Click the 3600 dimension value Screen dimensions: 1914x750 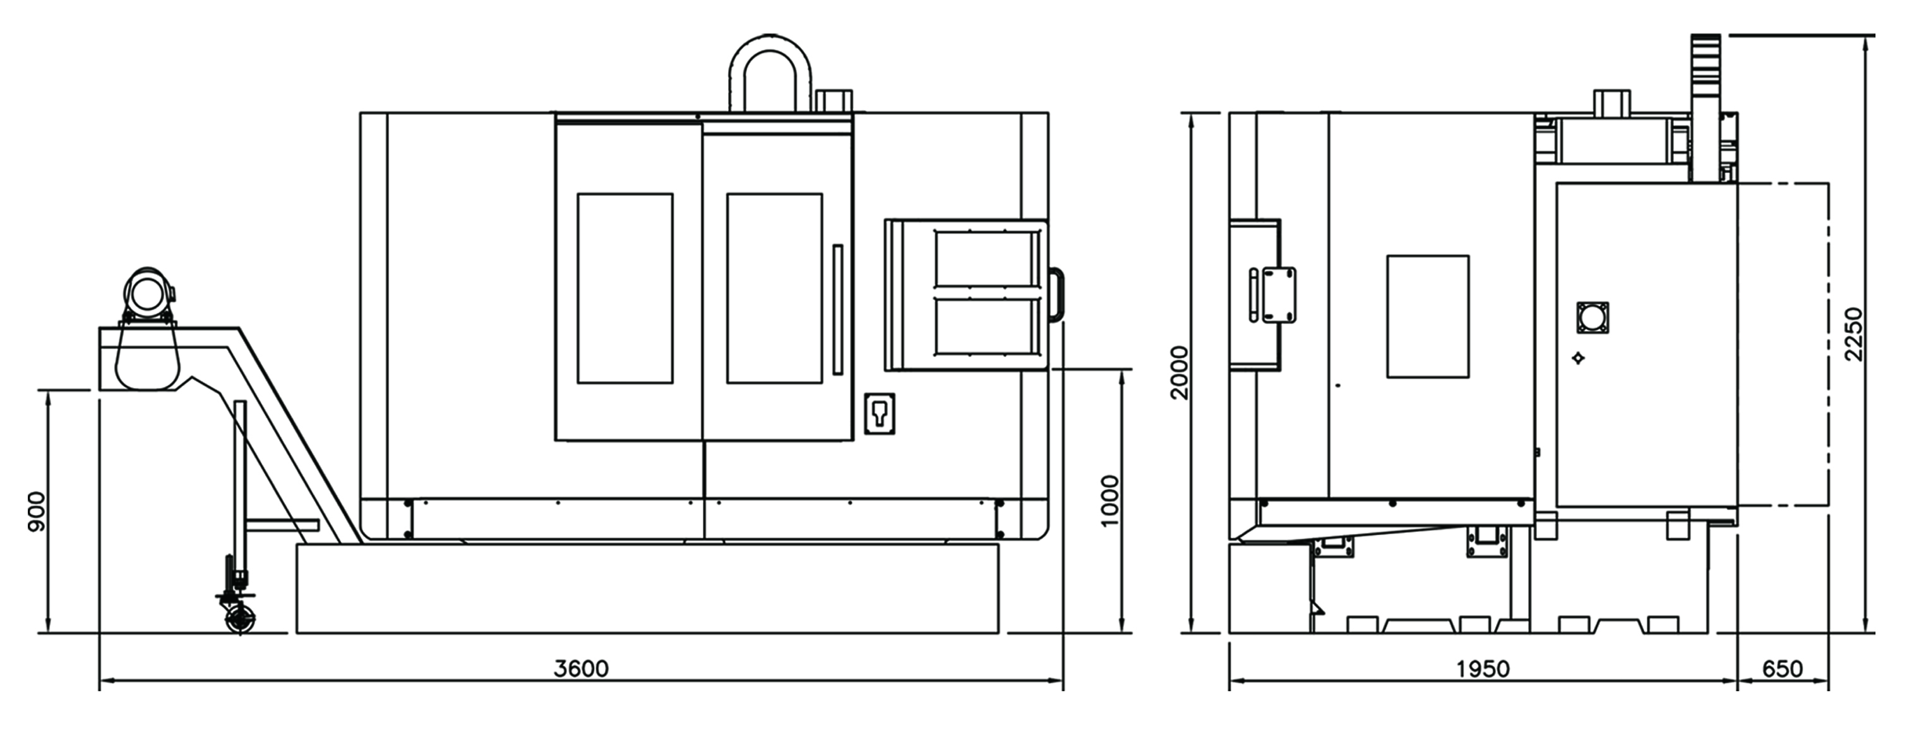pyautogui.click(x=581, y=668)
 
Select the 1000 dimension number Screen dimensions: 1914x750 pyautogui.click(x=1110, y=500)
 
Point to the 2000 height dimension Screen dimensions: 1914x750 pyautogui.click(x=1179, y=372)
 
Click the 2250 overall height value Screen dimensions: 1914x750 pyautogui.click(x=1855, y=334)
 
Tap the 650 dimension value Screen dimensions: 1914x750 pyautogui.click(x=1783, y=669)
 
